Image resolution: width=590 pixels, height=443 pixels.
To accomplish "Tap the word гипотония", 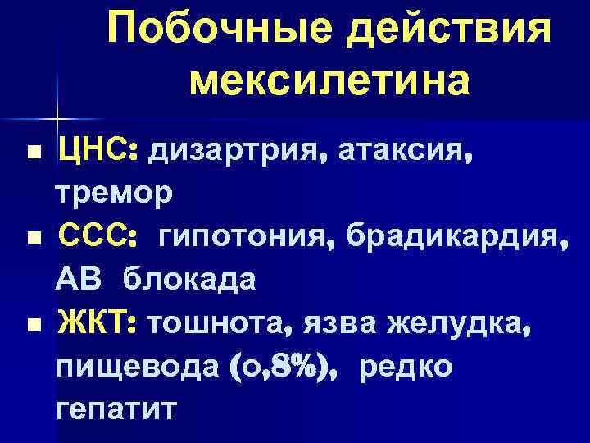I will click(x=238, y=239).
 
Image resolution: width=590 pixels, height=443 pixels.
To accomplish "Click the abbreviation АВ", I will click(x=80, y=281).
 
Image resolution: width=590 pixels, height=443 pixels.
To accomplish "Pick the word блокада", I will click(x=189, y=281).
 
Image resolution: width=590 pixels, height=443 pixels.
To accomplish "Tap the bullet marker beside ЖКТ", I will click(x=32, y=327).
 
